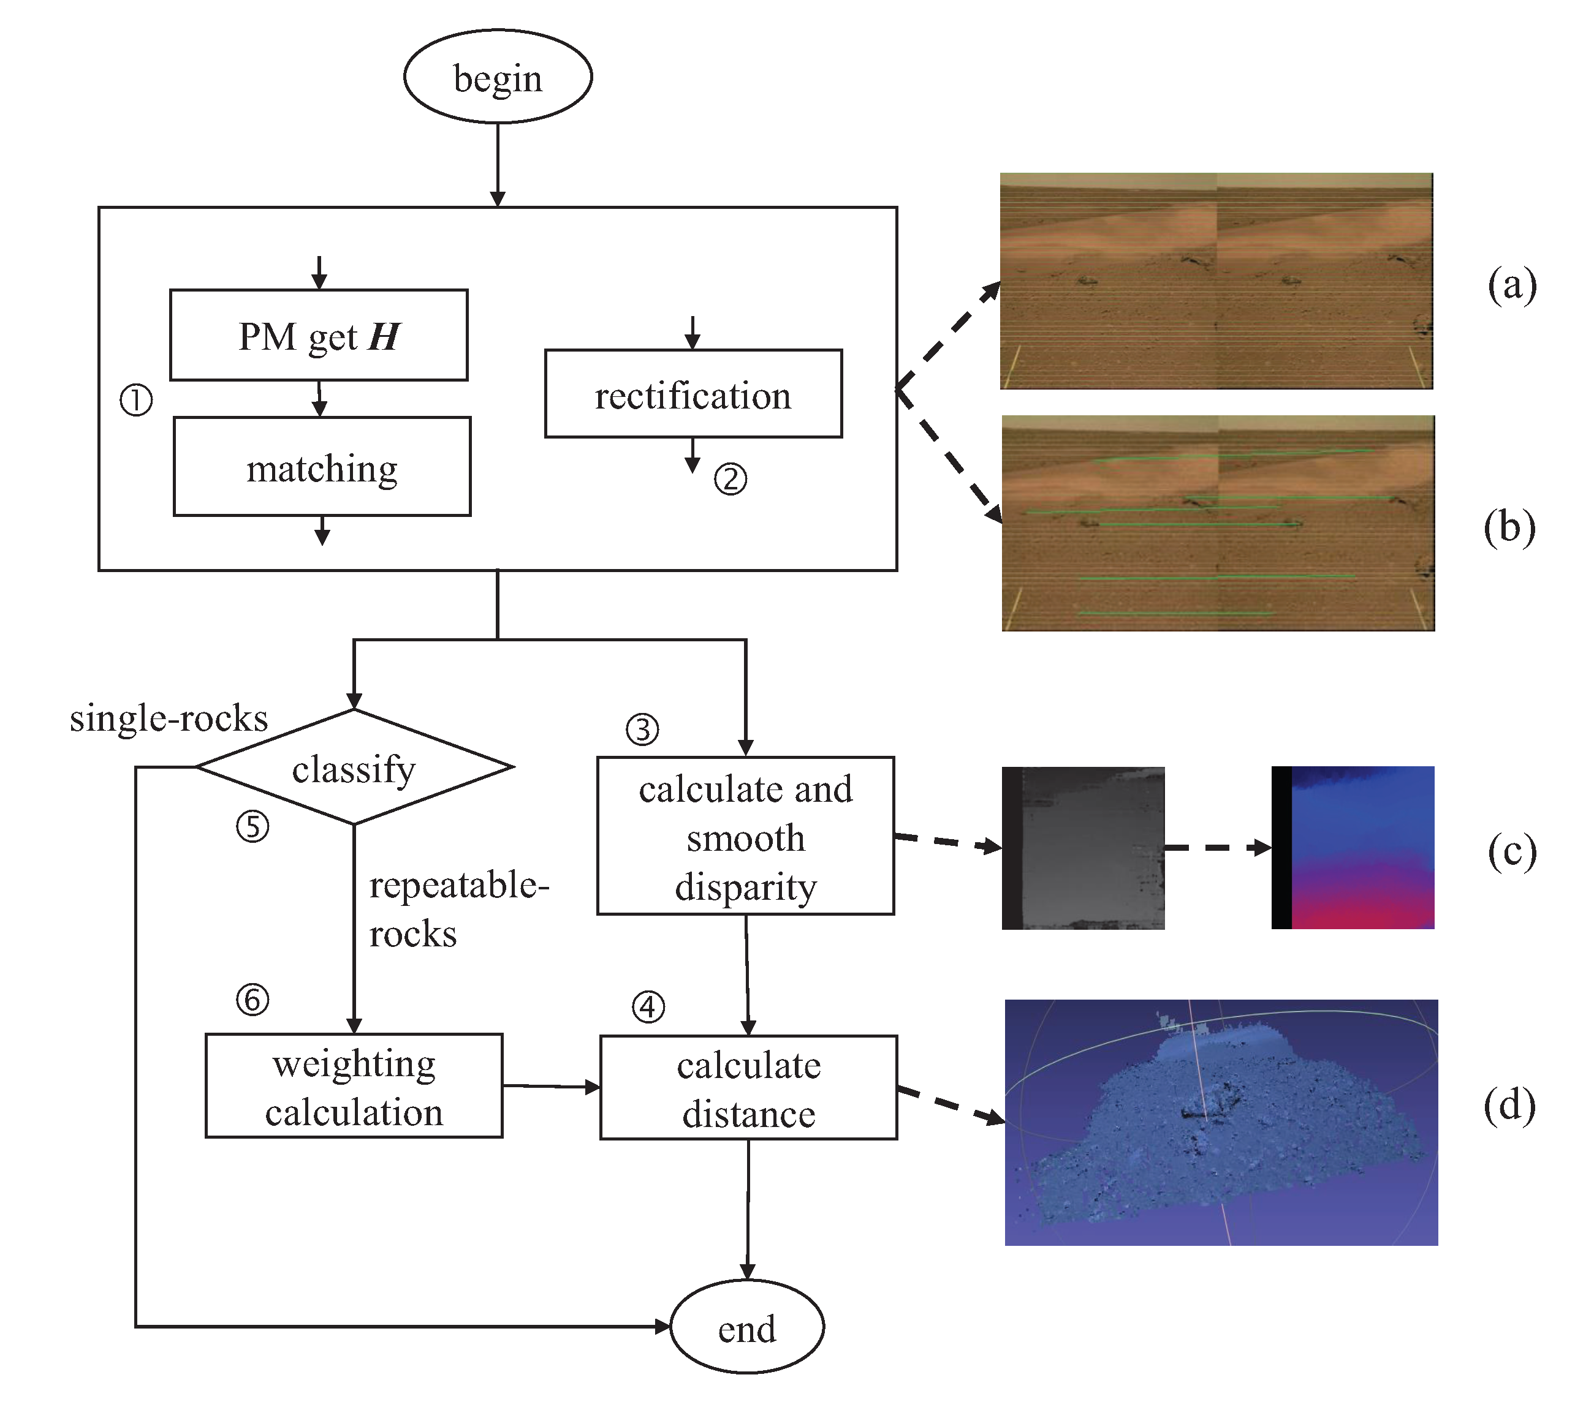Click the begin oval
[x=498, y=77]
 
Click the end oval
[x=746, y=1329]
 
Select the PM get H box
[x=319, y=336]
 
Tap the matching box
[x=322, y=467]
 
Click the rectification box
[x=693, y=394]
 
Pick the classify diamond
[x=354, y=767]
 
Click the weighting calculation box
[x=354, y=1086]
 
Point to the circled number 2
[x=730, y=479]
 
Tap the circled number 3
[x=642, y=730]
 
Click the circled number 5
[x=252, y=827]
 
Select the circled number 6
[x=252, y=1000]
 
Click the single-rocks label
[x=169, y=718]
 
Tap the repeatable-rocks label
[x=457, y=909]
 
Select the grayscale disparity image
[x=1083, y=848]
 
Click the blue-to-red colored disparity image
[x=1353, y=848]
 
